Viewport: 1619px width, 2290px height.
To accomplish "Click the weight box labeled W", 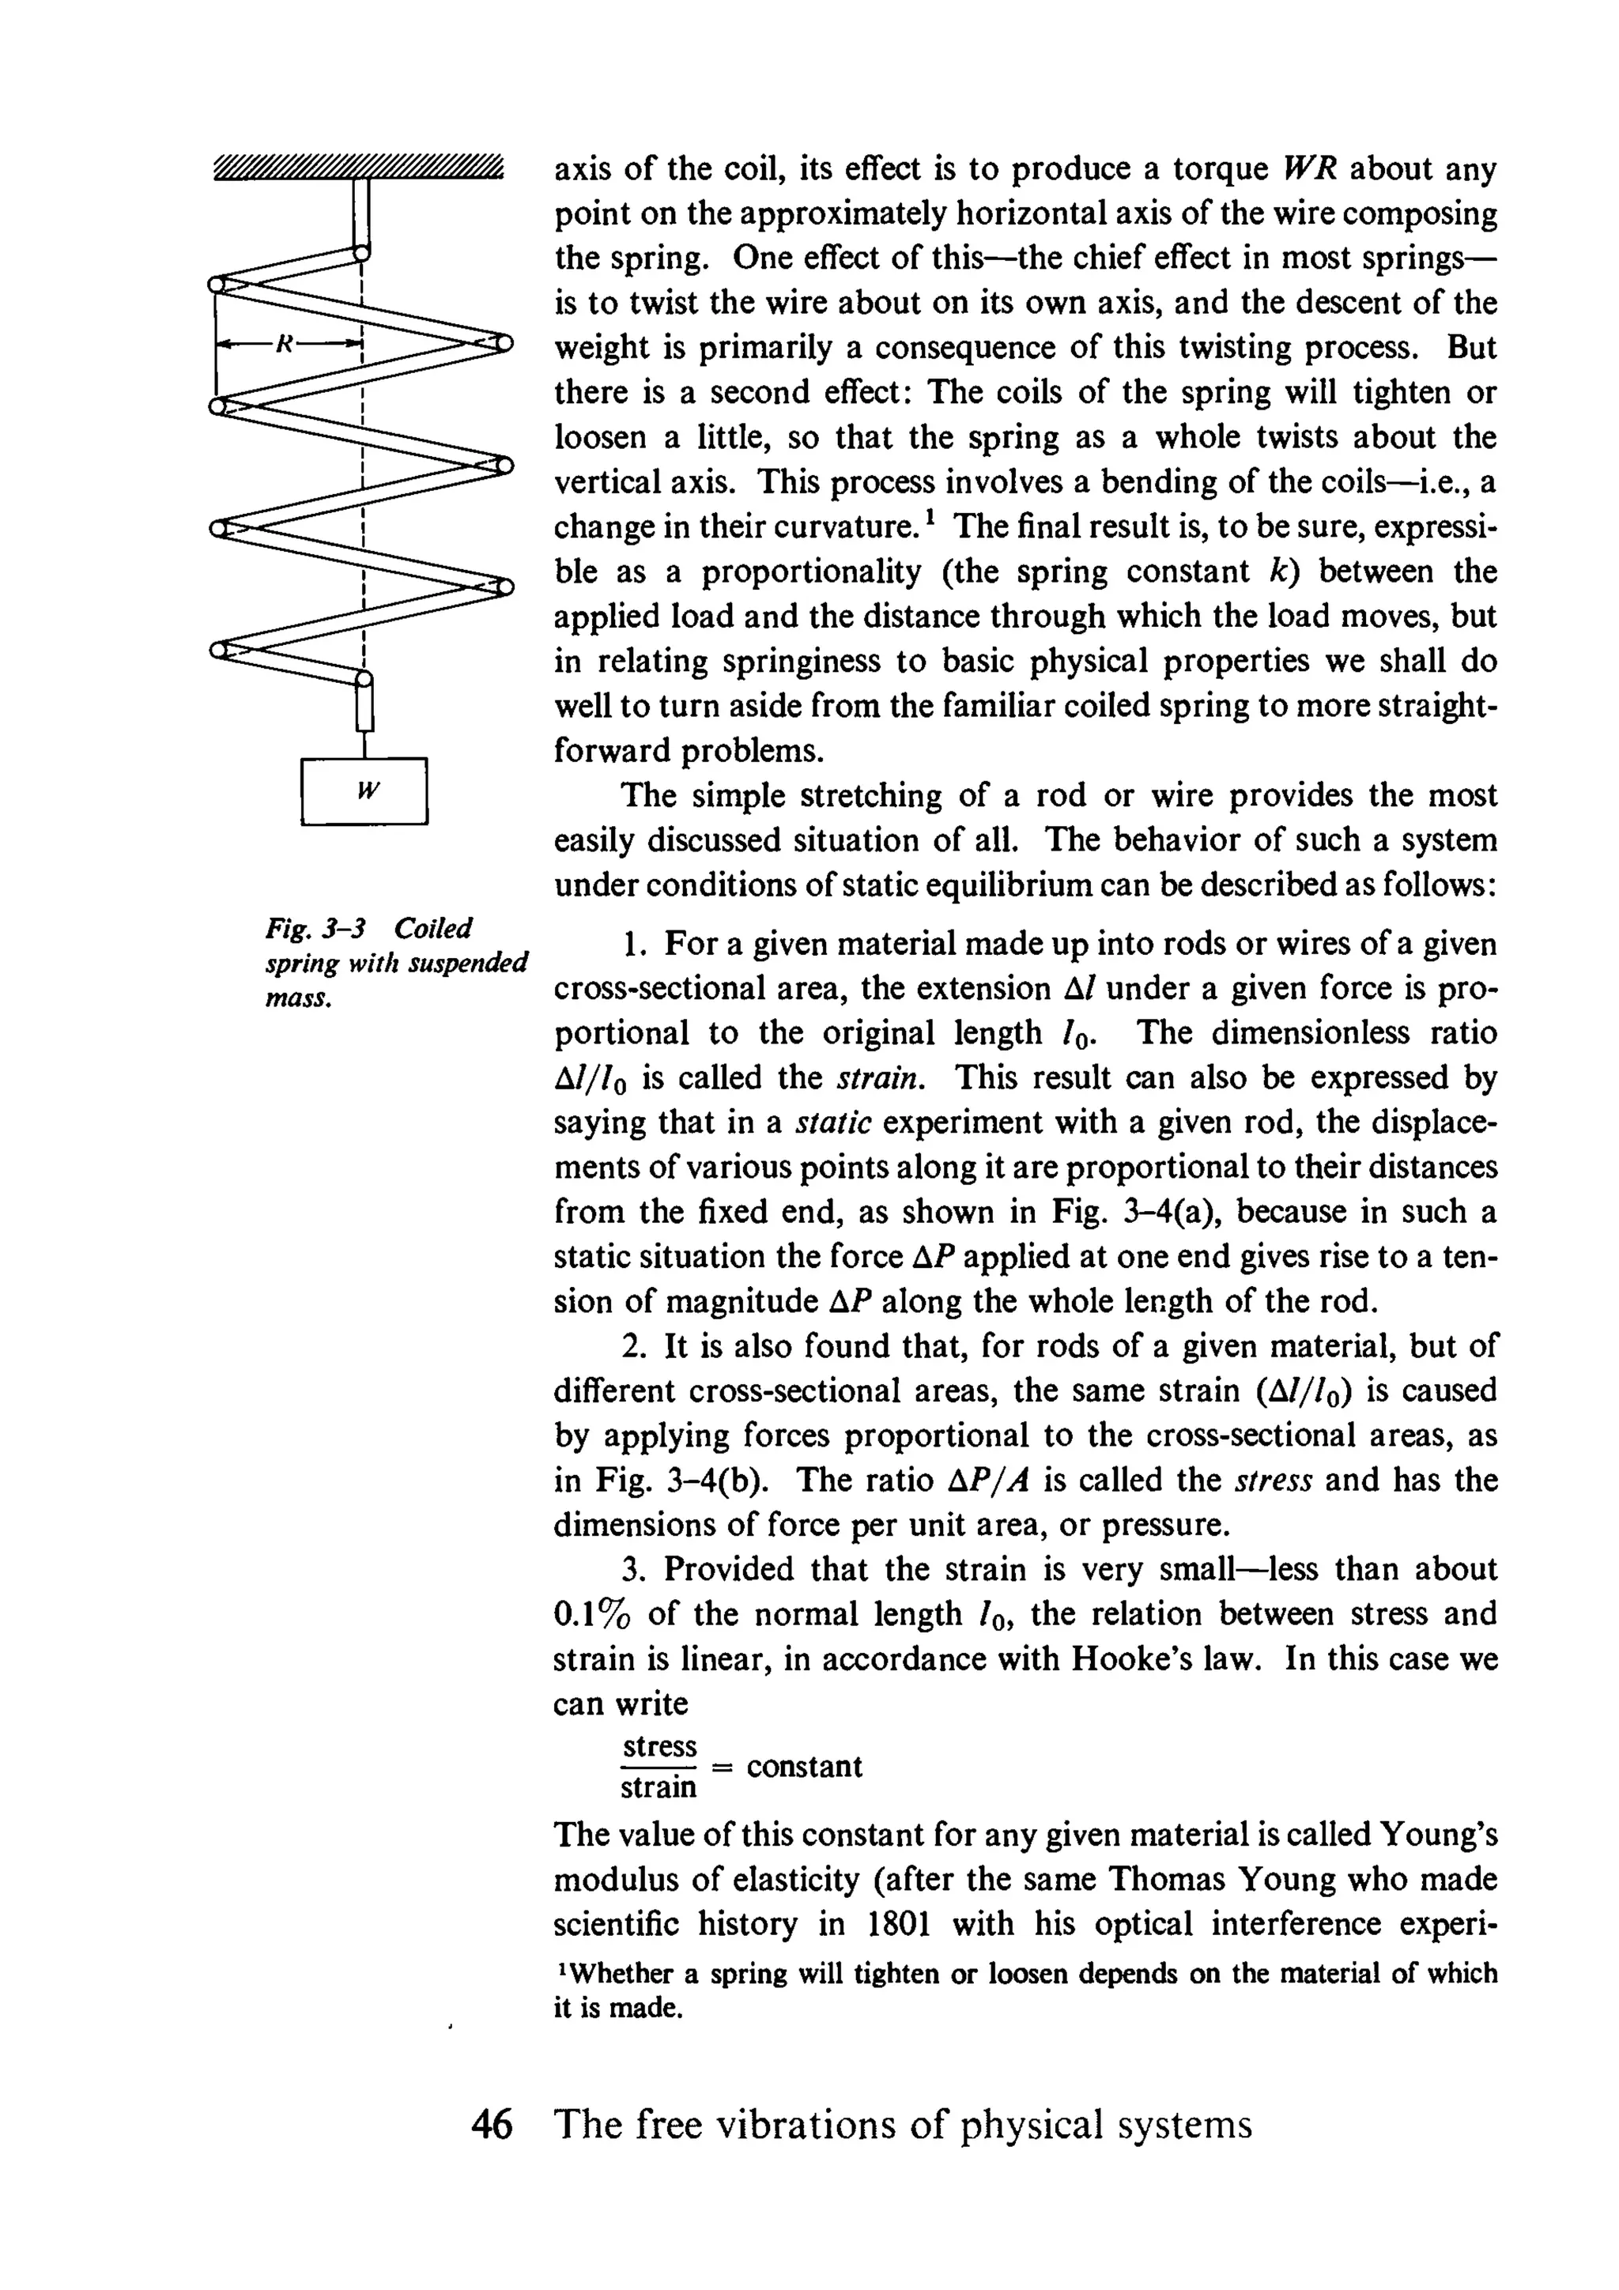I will [364, 791].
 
